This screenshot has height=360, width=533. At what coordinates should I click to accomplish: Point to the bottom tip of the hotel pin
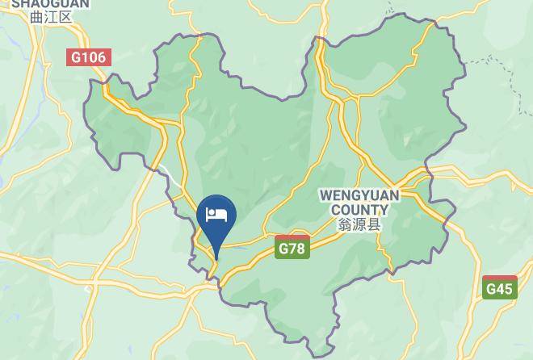click(216, 260)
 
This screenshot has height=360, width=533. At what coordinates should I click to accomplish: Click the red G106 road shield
click(88, 57)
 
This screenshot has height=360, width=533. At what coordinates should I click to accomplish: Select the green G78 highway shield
click(292, 248)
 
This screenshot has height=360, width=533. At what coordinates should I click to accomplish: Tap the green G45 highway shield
click(500, 287)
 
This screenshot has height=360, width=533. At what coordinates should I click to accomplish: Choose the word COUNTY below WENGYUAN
click(359, 210)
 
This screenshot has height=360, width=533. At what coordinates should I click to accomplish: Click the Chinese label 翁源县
click(359, 225)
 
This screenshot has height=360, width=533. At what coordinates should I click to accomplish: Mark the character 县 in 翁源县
click(373, 225)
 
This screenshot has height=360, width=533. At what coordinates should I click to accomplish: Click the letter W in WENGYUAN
click(325, 196)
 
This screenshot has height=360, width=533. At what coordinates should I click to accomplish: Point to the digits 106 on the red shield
click(93, 57)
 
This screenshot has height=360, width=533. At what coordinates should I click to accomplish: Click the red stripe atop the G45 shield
click(500, 278)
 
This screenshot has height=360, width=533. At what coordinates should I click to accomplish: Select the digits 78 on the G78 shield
click(296, 249)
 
